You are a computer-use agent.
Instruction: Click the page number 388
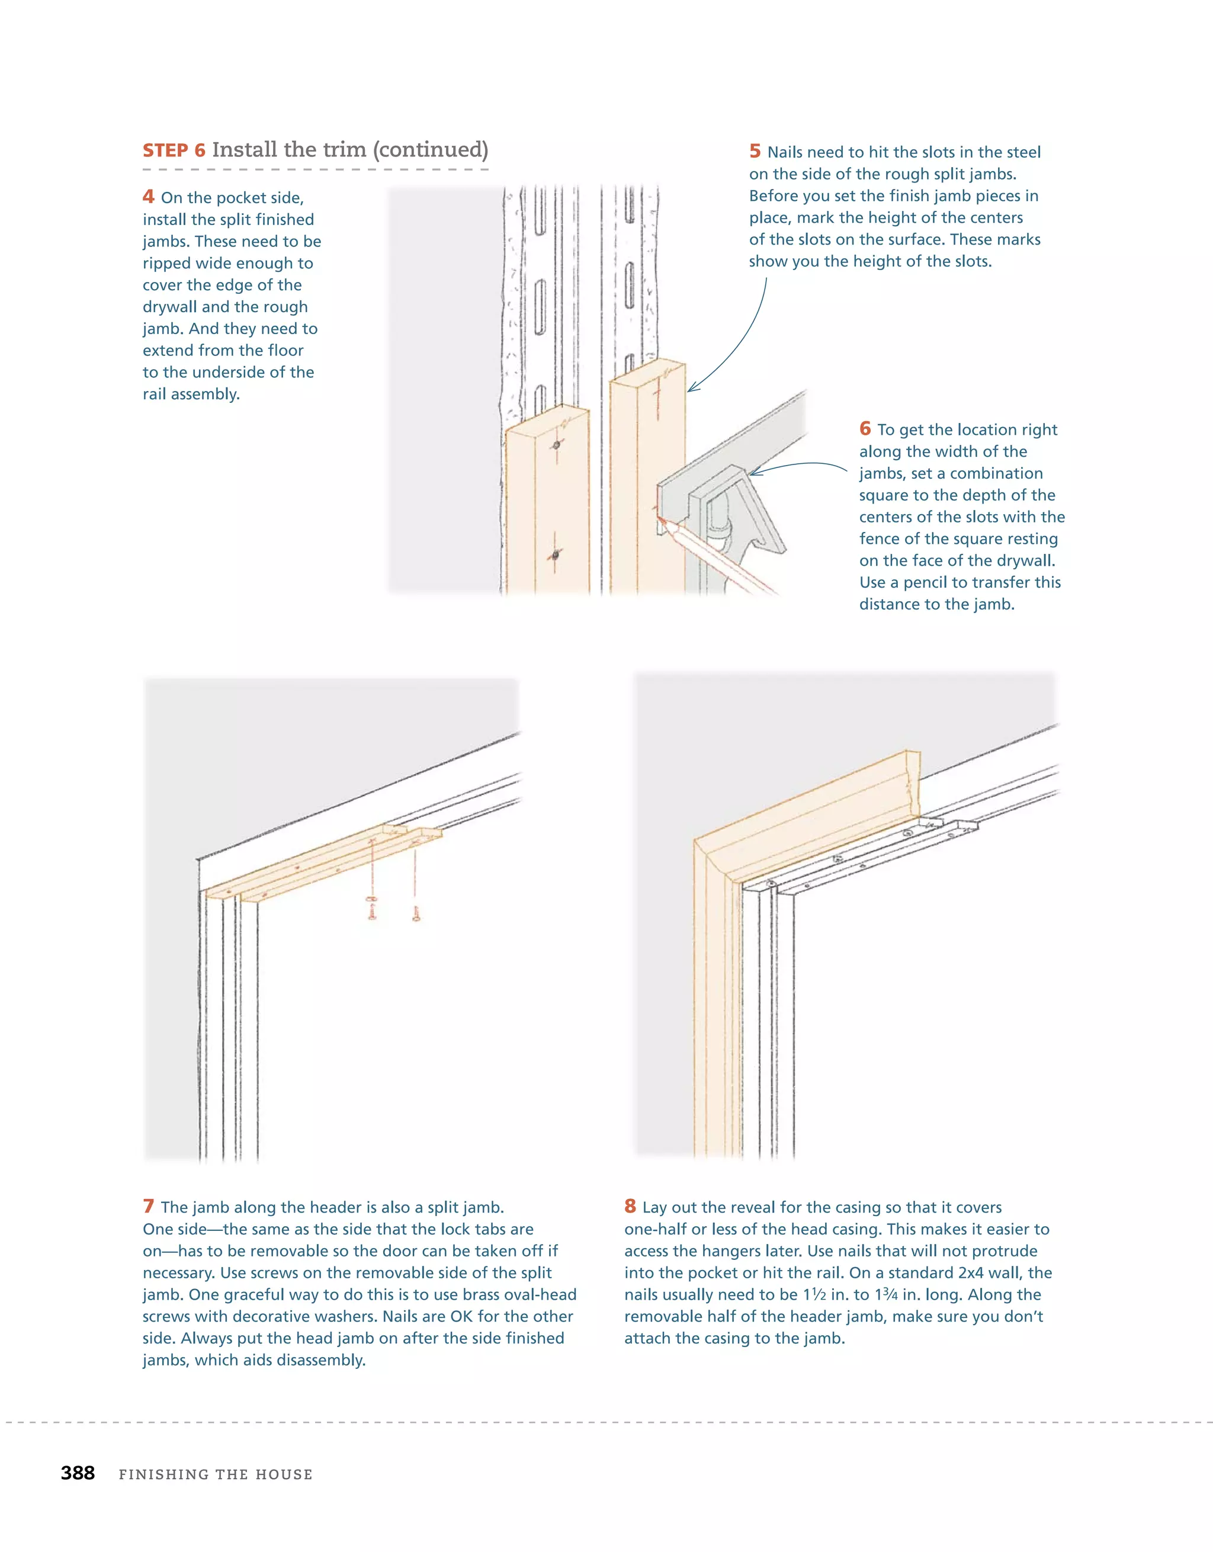click(78, 1473)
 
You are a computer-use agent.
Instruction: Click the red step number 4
click(148, 196)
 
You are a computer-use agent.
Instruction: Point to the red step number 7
click(148, 1206)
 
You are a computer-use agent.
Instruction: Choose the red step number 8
click(630, 1206)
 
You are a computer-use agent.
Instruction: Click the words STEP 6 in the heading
click(174, 150)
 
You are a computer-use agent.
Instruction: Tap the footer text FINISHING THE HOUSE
click(216, 1474)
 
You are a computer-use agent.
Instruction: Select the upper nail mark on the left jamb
click(556, 445)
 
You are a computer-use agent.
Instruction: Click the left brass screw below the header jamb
click(371, 908)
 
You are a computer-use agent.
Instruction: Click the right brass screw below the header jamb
click(416, 914)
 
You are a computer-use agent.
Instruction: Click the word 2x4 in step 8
click(968, 1272)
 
